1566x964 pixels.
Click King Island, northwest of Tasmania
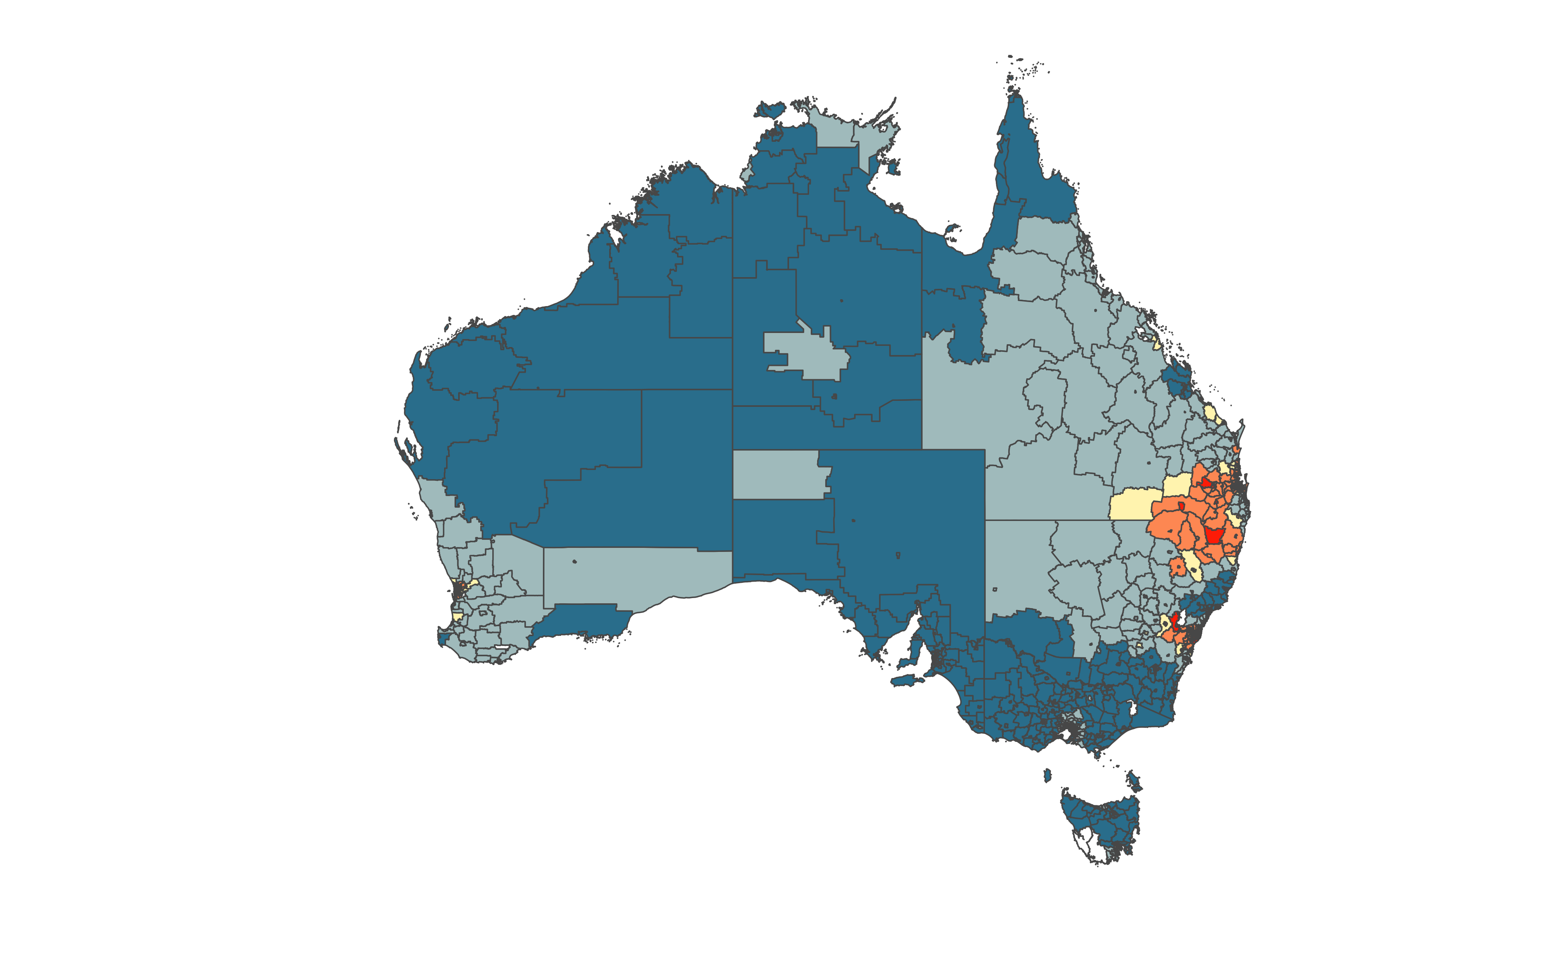pyautogui.click(x=1047, y=775)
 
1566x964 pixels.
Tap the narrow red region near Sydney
pyautogui.click(x=1174, y=623)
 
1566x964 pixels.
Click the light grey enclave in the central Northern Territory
pyautogui.click(x=803, y=354)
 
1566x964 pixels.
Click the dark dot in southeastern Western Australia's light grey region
pyautogui.click(x=574, y=561)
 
